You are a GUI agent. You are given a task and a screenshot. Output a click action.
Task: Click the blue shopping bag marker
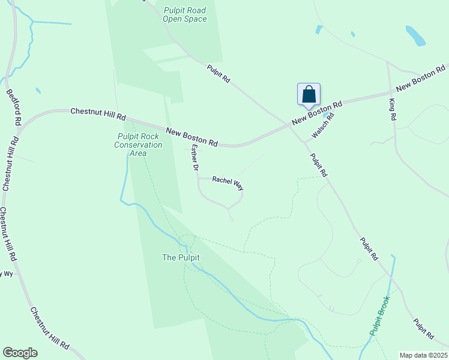pyautogui.click(x=309, y=95)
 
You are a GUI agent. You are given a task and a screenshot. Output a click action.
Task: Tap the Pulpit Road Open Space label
pyautogui.click(x=185, y=14)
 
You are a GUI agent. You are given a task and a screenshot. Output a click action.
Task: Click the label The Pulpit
pyautogui.click(x=181, y=257)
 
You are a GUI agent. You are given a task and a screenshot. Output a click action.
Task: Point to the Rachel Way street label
pyautogui.click(x=228, y=183)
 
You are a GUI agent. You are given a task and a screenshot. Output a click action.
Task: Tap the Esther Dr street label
pyautogui.click(x=194, y=158)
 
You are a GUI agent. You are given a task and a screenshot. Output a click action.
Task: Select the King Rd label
pyautogui.click(x=393, y=110)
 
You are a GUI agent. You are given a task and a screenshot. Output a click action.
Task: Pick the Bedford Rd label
pyautogui.click(x=14, y=107)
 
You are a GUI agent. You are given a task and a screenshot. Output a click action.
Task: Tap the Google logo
pyautogui.click(x=20, y=353)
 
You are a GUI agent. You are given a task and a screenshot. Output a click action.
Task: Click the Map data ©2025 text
pyautogui.click(x=423, y=355)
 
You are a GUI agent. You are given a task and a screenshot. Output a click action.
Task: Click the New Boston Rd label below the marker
pyautogui.click(x=317, y=113)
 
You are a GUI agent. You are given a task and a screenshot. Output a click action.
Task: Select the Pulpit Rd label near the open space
pyautogui.click(x=219, y=74)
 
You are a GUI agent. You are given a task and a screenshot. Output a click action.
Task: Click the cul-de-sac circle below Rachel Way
pyautogui.click(x=231, y=218)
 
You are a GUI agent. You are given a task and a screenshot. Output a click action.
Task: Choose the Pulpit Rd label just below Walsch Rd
pyautogui.click(x=318, y=165)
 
